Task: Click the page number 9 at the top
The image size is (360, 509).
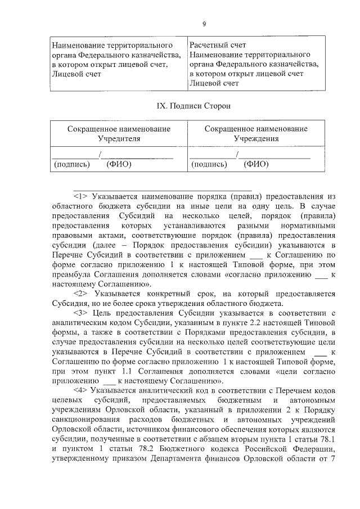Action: (x=204, y=24)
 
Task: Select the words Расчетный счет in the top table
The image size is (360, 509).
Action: (x=218, y=44)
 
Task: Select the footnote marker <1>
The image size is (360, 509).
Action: (x=82, y=196)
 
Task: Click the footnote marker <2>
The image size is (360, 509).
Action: (x=82, y=293)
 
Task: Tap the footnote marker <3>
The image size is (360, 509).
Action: (x=82, y=313)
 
